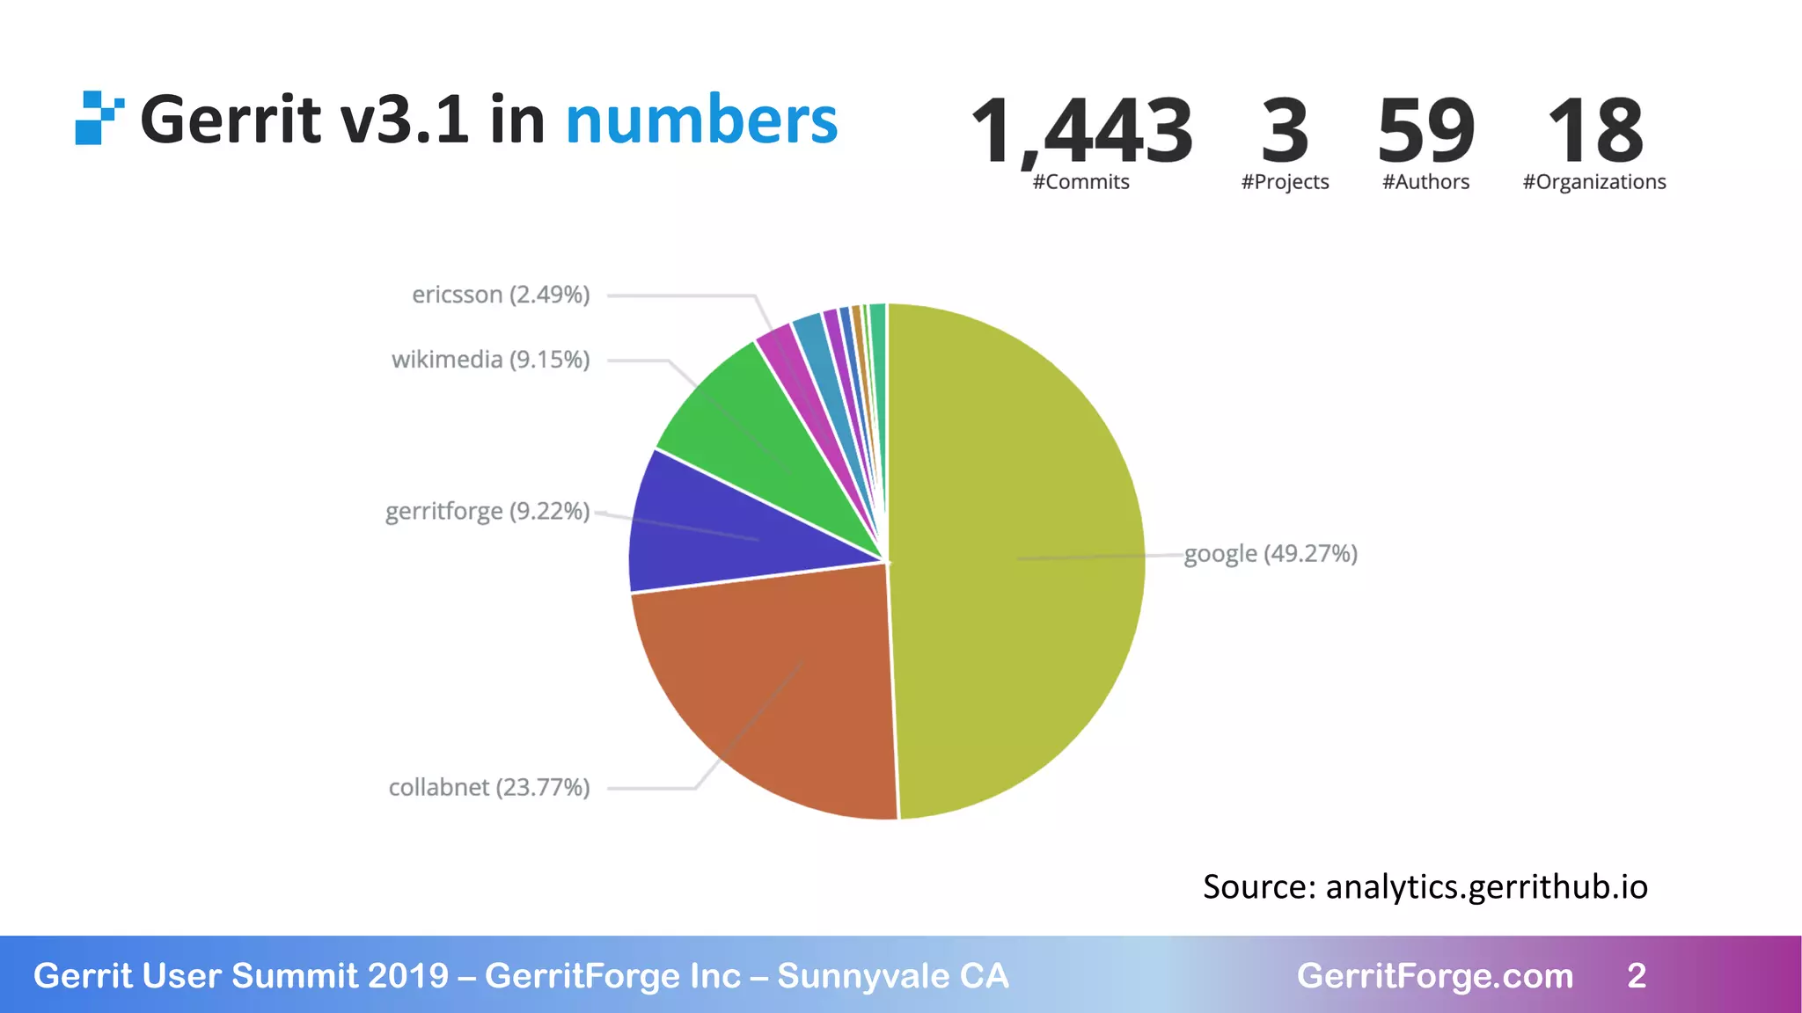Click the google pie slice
pos(1021,563)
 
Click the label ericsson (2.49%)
pos(501,295)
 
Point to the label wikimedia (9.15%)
pos(490,360)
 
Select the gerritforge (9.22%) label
pos(487,511)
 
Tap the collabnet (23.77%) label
pos(489,787)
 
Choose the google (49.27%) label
pos(1271,554)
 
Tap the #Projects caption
pos(1285,182)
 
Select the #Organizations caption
pos(1594,182)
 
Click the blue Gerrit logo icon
pos(98,118)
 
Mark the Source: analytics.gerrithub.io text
pos(1425,886)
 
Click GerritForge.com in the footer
pos(1434,976)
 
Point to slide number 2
pos(1637,976)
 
